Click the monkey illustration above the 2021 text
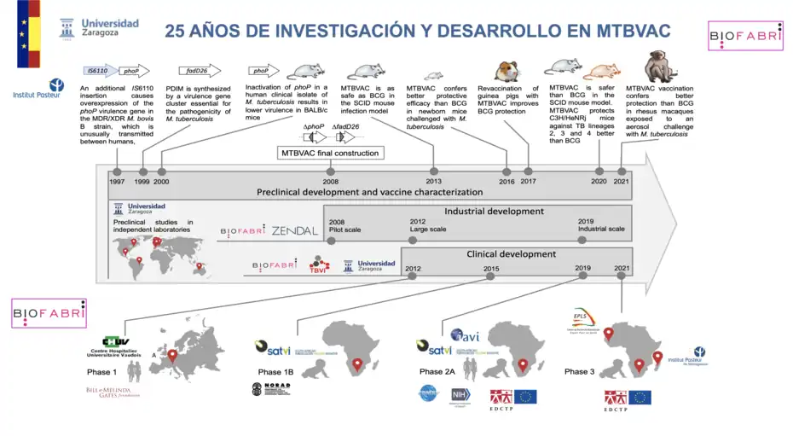click(x=655, y=66)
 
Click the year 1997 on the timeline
click(x=116, y=181)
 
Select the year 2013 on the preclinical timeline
click(x=433, y=181)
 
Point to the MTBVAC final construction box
click(x=330, y=153)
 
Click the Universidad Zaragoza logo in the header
click(x=100, y=28)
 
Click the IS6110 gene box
click(x=96, y=72)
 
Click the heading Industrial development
click(x=494, y=211)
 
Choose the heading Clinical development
click(x=511, y=254)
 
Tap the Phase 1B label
click(x=275, y=372)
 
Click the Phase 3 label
click(x=576, y=372)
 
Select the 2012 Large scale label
click(x=427, y=225)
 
